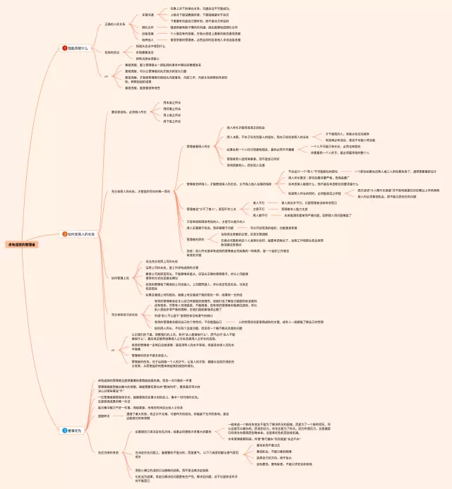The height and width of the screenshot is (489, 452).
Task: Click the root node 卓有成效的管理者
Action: coord(22,243)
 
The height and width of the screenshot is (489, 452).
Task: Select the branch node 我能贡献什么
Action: coord(77,48)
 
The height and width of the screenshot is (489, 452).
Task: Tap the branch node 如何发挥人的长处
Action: coord(81,234)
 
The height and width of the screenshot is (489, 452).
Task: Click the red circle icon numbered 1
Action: coord(65,48)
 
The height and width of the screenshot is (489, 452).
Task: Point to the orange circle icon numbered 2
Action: coord(65,234)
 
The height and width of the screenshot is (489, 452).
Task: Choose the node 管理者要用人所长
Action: coord(198,146)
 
